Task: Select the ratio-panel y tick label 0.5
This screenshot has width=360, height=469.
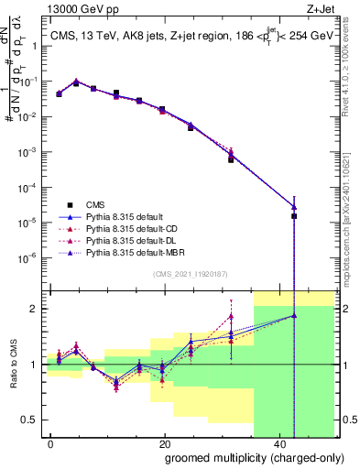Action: [x=34, y=421]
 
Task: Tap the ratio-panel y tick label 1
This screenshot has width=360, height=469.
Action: [x=36, y=365]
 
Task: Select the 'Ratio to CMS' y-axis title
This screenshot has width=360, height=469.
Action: [x=12, y=365]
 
